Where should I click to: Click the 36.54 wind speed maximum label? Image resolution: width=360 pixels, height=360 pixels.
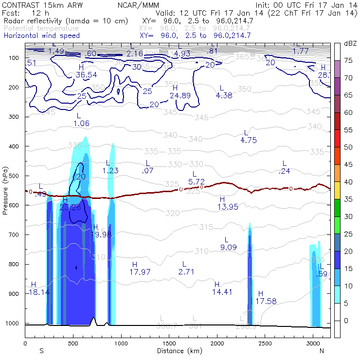86,74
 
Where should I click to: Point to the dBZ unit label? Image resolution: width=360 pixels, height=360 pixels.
349,43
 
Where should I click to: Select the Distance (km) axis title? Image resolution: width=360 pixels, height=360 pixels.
177,350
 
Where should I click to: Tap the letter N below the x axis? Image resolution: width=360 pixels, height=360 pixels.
322,350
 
